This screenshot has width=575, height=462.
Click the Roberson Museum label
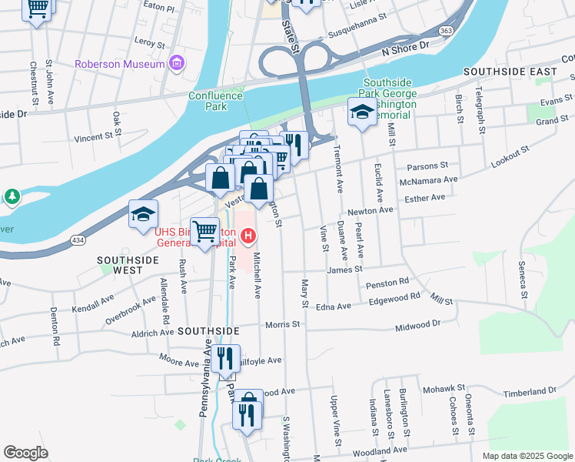tap(119, 64)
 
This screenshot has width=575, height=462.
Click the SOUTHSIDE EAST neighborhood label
tap(510, 72)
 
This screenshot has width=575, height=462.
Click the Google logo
tap(25, 453)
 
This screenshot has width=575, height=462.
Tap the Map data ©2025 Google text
tap(527, 456)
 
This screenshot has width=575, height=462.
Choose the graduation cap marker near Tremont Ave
tap(361, 112)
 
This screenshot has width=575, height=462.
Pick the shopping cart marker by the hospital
tap(204, 230)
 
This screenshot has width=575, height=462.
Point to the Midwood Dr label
tap(419, 325)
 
